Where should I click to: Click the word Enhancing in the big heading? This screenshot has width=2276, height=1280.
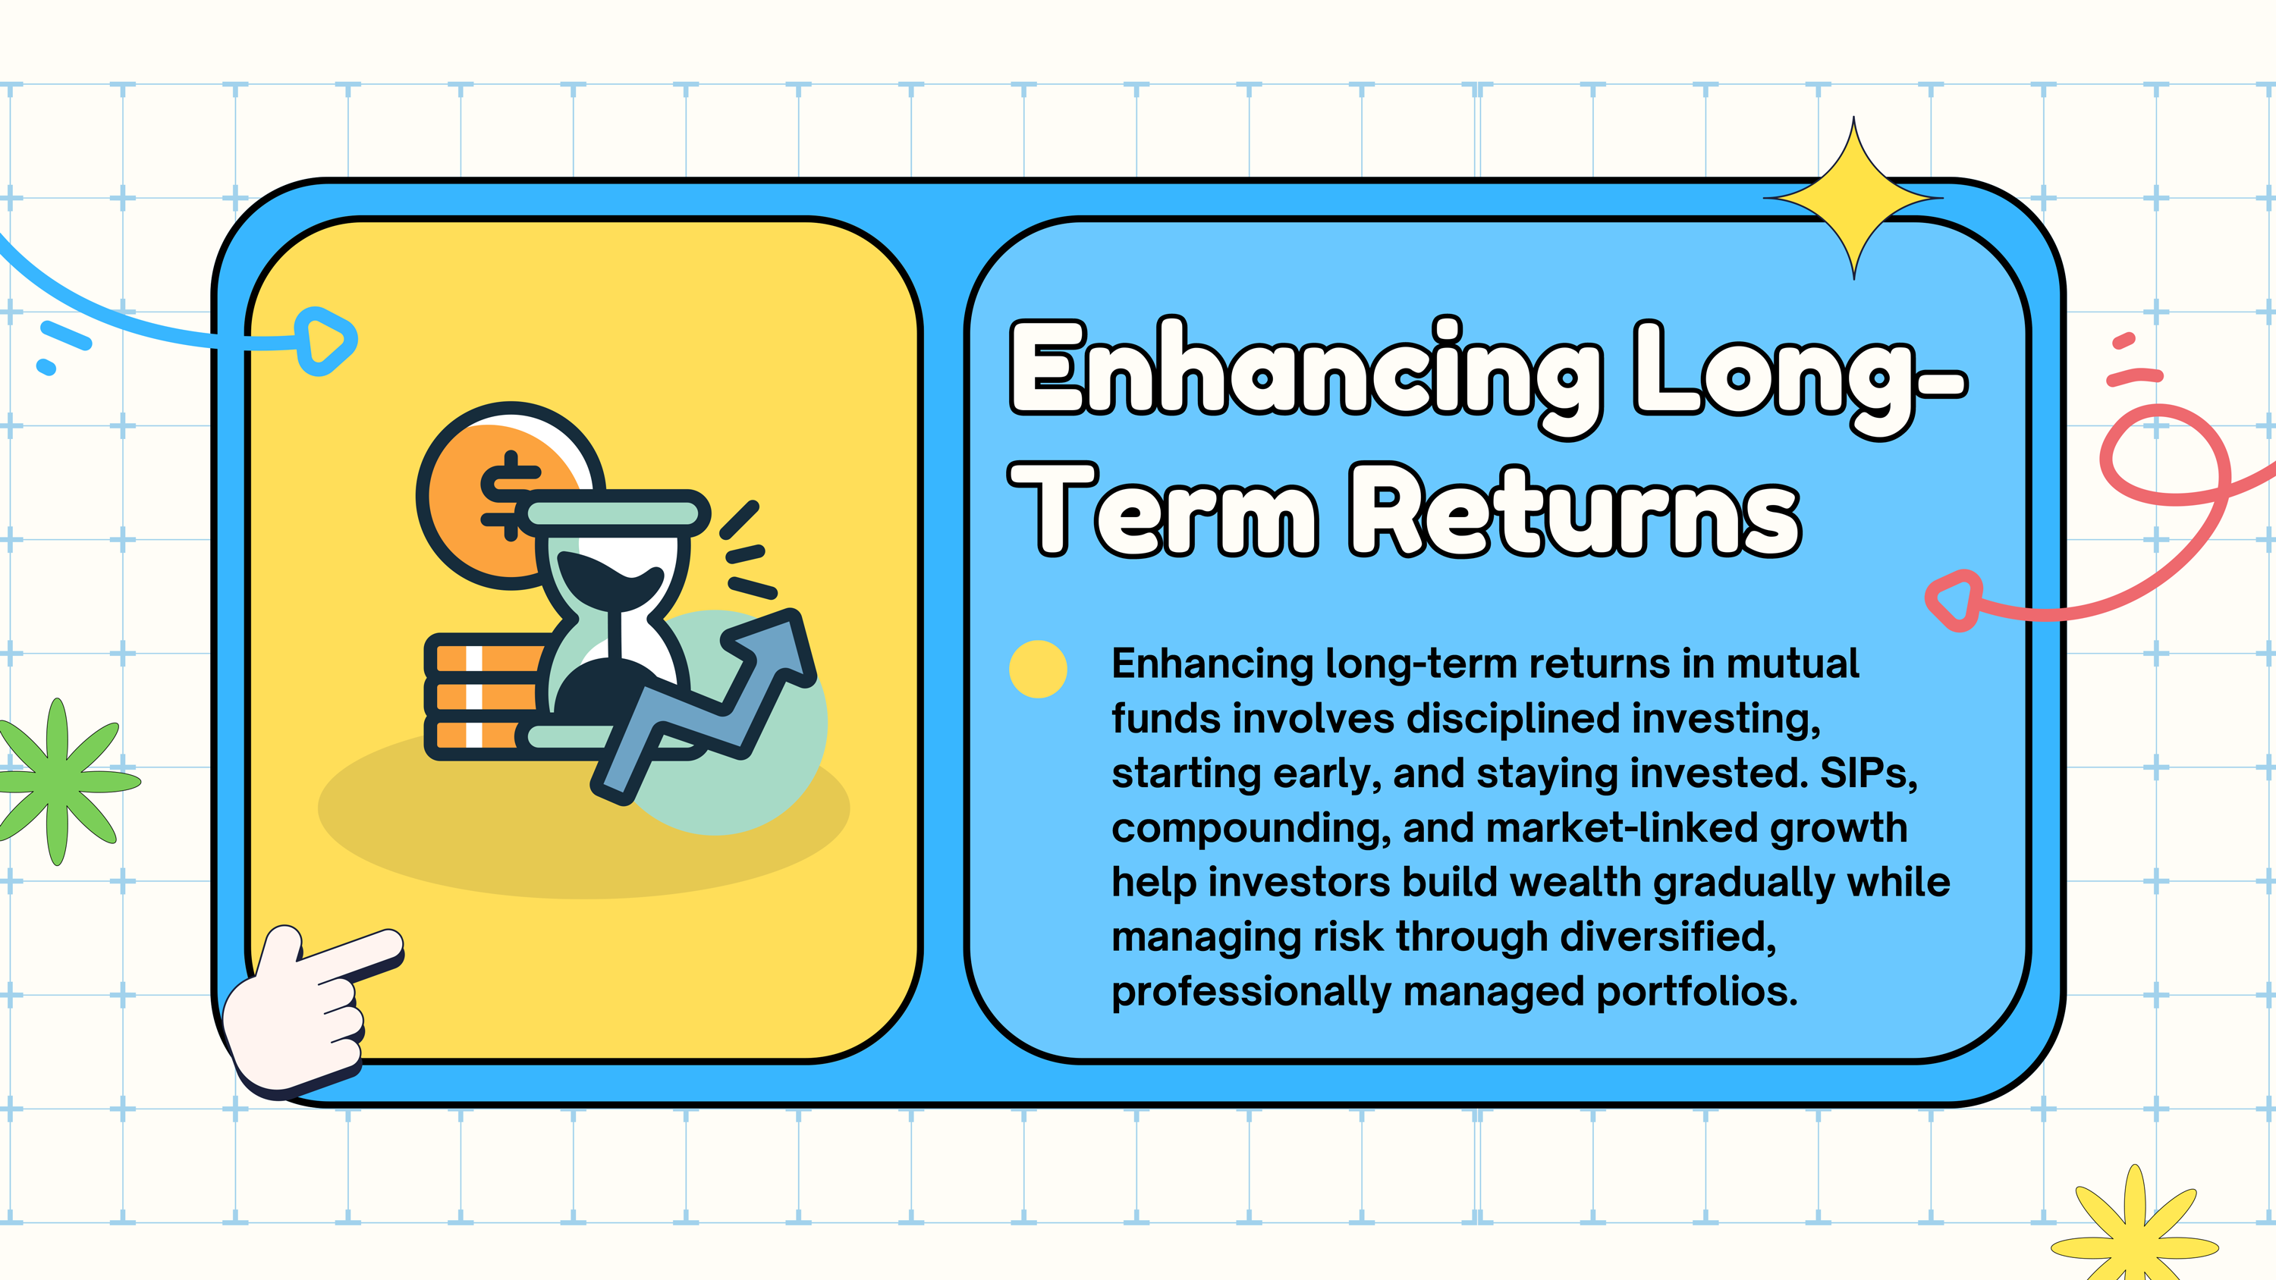(1306, 376)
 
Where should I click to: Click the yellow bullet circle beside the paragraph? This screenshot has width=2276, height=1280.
(1038, 669)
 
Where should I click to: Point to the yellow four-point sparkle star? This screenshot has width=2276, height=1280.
(1853, 198)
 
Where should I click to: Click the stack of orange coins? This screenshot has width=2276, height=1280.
(486, 697)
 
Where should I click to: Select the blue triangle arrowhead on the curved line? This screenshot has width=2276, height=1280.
(325, 341)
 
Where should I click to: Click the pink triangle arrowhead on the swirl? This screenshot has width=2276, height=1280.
(1954, 601)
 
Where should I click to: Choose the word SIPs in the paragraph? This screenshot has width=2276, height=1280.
(1868, 773)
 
